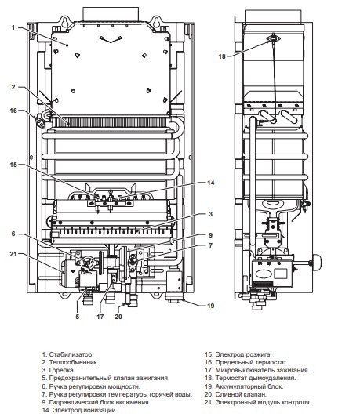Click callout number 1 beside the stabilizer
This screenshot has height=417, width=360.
(13, 27)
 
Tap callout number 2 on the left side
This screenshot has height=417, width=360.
(13, 87)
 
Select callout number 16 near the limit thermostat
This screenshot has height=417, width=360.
(13, 111)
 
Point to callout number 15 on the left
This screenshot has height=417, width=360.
(13, 165)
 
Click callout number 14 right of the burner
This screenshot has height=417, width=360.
(211, 183)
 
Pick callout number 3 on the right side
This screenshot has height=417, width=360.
(210, 214)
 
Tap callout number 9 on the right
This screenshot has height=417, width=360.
(210, 235)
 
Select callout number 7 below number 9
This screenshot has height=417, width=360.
(210, 245)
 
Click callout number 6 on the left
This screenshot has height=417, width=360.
(13, 234)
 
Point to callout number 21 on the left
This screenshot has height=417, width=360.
(13, 254)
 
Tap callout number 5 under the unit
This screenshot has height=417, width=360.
(78, 317)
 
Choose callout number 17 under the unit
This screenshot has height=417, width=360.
(100, 317)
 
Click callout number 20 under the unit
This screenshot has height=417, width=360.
(118, 317)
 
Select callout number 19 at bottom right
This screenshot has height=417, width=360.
(211, 306)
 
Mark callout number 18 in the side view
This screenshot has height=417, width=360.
(222, 56)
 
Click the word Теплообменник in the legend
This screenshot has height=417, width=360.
(74, 362)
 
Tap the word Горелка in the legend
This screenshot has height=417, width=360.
(62, 370)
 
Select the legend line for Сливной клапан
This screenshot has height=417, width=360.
(235, 394)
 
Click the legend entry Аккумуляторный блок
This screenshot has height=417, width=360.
(244, 386)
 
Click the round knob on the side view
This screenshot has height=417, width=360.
(317, 263)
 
